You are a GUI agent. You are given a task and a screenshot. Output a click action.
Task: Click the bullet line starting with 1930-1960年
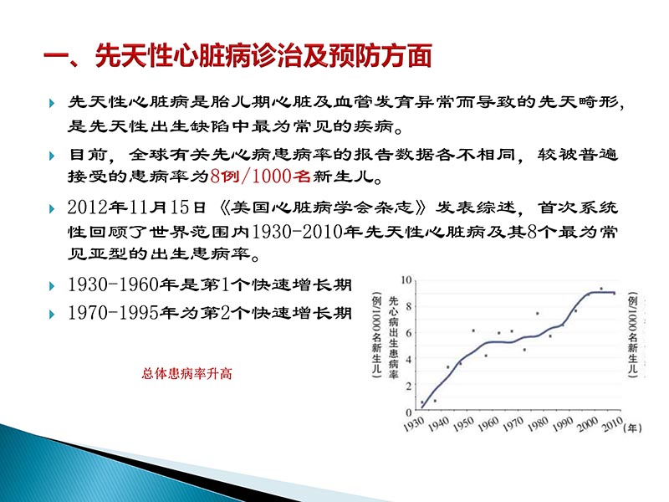209,286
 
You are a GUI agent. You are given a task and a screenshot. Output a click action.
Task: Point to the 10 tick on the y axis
407,280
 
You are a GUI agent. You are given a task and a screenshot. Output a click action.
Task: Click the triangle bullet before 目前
53,156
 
